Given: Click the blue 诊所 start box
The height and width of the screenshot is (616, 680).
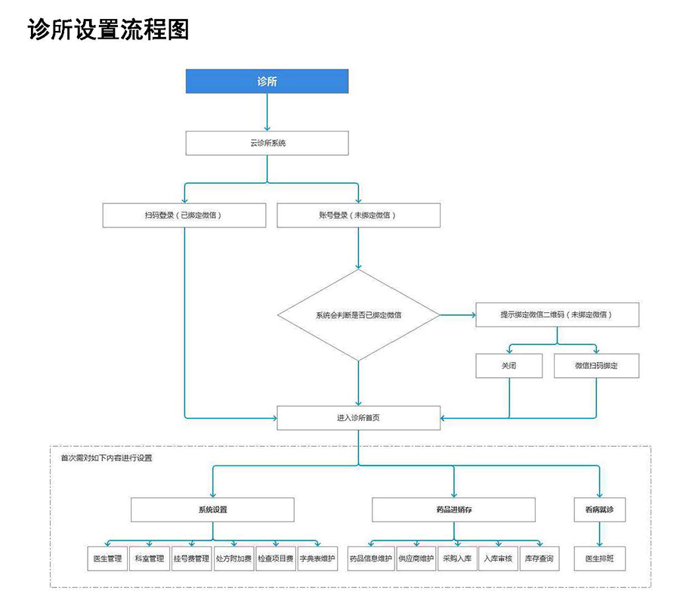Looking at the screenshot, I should tap(267, 82).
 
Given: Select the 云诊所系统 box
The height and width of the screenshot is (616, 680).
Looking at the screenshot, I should tap(267, 143).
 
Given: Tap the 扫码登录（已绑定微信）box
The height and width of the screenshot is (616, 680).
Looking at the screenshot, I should tap(184, 215).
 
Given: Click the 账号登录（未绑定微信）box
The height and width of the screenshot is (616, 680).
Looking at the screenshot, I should tap(358, 215).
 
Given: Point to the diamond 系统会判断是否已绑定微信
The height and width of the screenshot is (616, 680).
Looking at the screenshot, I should tap(358, 315).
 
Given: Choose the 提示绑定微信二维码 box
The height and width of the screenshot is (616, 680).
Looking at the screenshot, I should tap(557, 314).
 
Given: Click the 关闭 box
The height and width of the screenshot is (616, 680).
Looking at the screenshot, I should tap(509, 366).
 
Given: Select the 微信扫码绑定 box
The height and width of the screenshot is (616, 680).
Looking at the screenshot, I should tap(596, 366).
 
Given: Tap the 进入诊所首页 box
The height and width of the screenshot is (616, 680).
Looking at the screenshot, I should tap(358, 417).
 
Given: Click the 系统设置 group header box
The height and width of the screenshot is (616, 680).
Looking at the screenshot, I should tap(212, 509).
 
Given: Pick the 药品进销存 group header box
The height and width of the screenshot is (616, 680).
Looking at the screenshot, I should tap(453, 509).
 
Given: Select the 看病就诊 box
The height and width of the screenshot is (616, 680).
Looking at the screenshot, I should tap(600, 509).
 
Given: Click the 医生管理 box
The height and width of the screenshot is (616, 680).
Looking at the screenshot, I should tap(107, 559).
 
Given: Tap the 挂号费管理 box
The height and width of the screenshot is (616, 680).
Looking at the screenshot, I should tap(191, 559).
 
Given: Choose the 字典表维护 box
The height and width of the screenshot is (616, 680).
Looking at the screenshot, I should tap(317, 559).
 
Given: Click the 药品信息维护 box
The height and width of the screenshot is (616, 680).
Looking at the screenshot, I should tap(370, 559).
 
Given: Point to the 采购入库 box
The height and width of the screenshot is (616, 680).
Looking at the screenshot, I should tap(457, 559).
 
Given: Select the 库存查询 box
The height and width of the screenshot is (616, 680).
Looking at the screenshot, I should tap(539, 559).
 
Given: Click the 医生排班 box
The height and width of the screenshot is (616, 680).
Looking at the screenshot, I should tap(600, 559).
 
